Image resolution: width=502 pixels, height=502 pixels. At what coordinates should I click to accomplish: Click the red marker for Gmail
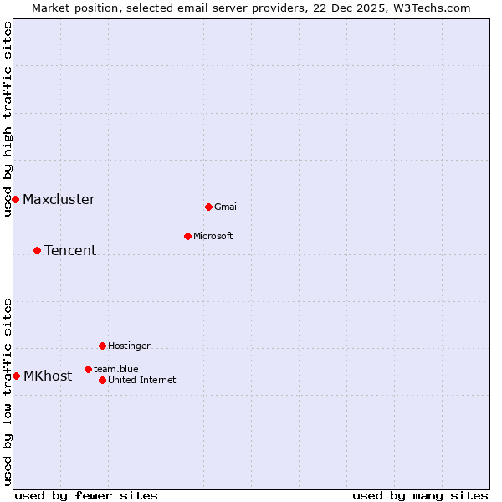(x=208, y=207)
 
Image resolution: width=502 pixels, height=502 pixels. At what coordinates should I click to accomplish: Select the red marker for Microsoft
(x=187, y=236)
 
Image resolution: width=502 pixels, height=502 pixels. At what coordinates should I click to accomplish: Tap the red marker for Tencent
(x=37, y=250)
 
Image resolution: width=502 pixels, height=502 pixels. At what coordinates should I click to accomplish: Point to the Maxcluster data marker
(x=15, y=199)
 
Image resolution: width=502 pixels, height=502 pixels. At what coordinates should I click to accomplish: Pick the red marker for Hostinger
(x=102, y=346)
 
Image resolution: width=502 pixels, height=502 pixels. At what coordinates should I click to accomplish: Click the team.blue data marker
(x=88, y=369)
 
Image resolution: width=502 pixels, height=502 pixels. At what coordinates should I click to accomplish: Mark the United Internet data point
(x=102, y=380)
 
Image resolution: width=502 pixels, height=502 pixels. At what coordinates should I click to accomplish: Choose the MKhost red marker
(x=16, y=376)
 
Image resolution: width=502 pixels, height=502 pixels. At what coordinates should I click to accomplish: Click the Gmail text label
(x=227, y=207)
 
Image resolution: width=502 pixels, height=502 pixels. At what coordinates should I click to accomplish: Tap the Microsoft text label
(x=213, y=237)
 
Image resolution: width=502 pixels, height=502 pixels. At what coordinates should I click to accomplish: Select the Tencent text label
(x=70, y=251)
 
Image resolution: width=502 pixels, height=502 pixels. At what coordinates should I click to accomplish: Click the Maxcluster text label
(x=59, y=200)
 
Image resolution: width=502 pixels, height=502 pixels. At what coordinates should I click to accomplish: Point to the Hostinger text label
(x=129, y=346)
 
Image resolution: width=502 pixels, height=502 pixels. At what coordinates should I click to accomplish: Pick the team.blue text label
(x=116, y=370)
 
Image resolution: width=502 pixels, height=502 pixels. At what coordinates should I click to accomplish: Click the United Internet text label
(x=142, y=381)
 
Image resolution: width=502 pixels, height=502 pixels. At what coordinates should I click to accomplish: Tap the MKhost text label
(x=48, y=376)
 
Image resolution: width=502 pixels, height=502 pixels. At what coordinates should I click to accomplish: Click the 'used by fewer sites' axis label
(x=86, y=496)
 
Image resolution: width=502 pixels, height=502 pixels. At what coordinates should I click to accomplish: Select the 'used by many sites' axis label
(x=420, y=496)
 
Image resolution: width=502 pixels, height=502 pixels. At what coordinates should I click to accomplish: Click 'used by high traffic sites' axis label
(x=8, y=119)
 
